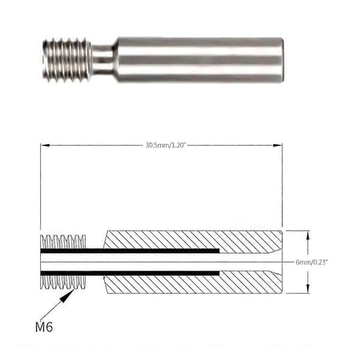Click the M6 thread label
click(44, 327)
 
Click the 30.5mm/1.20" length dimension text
click(166, 145)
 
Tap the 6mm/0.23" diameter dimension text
click(311, 262)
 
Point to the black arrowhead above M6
click(67, 296)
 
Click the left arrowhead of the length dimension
click(45, 145)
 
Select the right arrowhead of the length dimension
click(278, 145)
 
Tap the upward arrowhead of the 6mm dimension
click(308, 236)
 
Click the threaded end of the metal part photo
click(67, 60)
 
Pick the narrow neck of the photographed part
click(103, 60)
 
